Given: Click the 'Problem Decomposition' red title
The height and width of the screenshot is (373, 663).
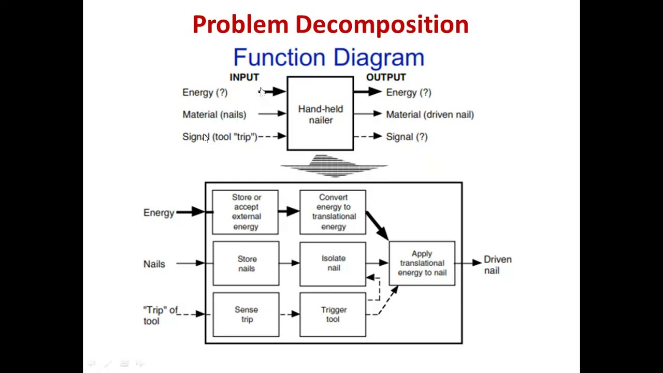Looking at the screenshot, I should coord(330,24).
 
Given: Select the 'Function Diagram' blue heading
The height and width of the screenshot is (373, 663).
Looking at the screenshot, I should coord(328,58).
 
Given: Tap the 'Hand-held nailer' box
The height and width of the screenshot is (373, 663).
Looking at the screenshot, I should coord(320,114).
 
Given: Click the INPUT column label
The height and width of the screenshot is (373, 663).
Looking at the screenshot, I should coord(244,77).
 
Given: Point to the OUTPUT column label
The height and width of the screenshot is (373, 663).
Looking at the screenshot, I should coord(386,77).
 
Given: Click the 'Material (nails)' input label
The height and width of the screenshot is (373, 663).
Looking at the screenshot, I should coord(214,114).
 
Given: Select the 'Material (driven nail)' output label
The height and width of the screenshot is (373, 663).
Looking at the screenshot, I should coord(429,114).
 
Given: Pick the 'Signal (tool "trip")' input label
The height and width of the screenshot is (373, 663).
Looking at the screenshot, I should coord(220,137).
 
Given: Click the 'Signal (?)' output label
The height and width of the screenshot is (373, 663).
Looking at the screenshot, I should coord(407,137).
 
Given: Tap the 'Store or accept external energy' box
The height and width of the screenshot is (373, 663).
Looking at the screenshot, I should coord(246,212).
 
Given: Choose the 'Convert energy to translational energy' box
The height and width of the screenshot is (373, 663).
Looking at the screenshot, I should coord(333,212).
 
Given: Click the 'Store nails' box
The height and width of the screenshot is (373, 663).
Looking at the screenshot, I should coord(246,263).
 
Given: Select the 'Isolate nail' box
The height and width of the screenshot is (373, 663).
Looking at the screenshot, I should coord(333,263).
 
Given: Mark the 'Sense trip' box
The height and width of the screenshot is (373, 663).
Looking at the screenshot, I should coord(246,314).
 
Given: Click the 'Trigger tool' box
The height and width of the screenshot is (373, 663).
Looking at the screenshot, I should coord(333,314).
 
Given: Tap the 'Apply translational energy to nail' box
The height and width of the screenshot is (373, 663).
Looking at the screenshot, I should coord(422,263).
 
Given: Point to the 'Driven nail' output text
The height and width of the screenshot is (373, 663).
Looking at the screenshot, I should coord(497,264).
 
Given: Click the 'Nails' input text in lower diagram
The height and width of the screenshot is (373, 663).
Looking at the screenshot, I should coord(154,264).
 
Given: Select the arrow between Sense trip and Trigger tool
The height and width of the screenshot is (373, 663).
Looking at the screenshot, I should coord(290,314).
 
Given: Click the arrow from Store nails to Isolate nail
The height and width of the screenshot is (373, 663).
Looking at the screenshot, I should coord(290,263).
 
